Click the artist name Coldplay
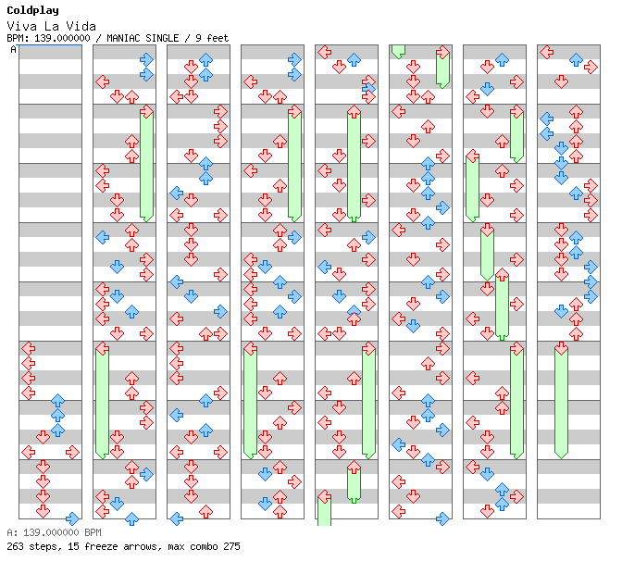33,11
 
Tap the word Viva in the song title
22,27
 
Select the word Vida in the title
81,27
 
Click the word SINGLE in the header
162,38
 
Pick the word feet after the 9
218,38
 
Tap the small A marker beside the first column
14,50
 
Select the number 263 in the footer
15,546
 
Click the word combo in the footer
204,546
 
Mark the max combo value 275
231,546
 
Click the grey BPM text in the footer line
93,532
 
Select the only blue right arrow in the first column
72,518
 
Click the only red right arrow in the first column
72,452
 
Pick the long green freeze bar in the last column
561,402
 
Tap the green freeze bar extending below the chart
325,510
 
